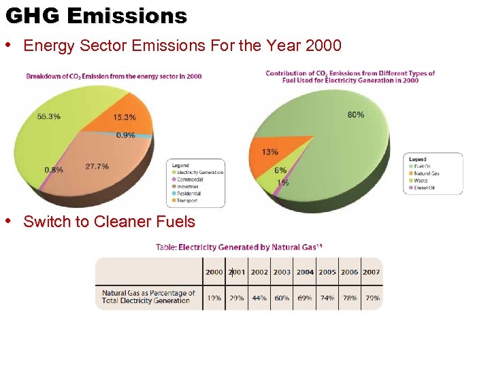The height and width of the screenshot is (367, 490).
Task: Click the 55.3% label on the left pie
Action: click(48, 116)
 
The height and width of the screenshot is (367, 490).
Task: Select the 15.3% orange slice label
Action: click(125, 117)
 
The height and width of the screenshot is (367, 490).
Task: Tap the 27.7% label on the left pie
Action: click(97, 166)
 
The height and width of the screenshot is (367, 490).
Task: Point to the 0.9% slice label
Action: click(125, 135)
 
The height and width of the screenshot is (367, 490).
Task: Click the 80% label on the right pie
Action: click(355, 115)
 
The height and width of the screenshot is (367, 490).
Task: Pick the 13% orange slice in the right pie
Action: click(269, 152)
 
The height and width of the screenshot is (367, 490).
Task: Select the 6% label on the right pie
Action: click(280, 171)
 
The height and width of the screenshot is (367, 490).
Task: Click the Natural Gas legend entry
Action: click(427, 173)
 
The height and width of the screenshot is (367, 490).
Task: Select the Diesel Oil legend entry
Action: click(425, 188)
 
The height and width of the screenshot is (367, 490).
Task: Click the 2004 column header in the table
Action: click(305, 272)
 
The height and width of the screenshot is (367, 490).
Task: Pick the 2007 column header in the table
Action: click(372, 272)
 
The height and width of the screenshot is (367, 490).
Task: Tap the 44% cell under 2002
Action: click(259, 298)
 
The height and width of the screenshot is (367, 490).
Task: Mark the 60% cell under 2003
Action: click(282, 298)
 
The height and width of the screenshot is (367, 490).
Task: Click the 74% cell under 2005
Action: click(327, 298)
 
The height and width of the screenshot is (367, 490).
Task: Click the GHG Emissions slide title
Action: click(95, 16)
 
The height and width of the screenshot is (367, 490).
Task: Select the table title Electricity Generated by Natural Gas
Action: click(238, 247)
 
